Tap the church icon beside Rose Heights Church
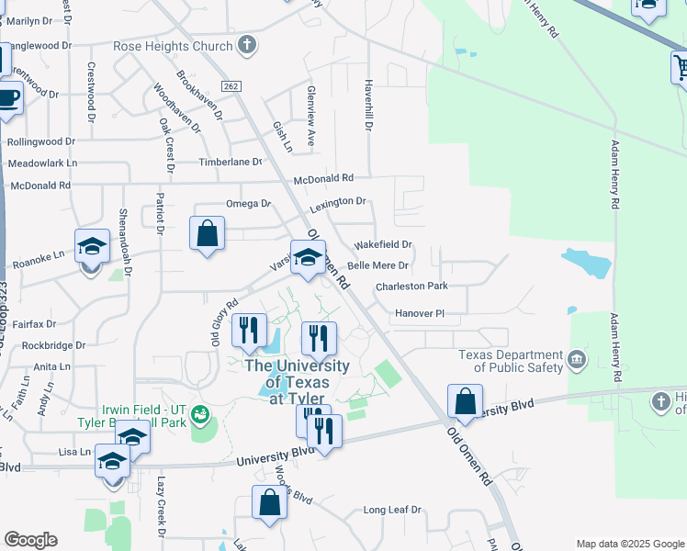246,44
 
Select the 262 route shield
231,86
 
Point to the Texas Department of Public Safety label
512,361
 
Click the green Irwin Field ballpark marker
201,417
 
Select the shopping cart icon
681,67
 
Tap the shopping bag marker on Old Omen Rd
466,400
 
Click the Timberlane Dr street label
231,162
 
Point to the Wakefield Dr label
383,245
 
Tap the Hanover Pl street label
420,313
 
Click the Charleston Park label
411,287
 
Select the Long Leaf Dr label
392,510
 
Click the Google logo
30,540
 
